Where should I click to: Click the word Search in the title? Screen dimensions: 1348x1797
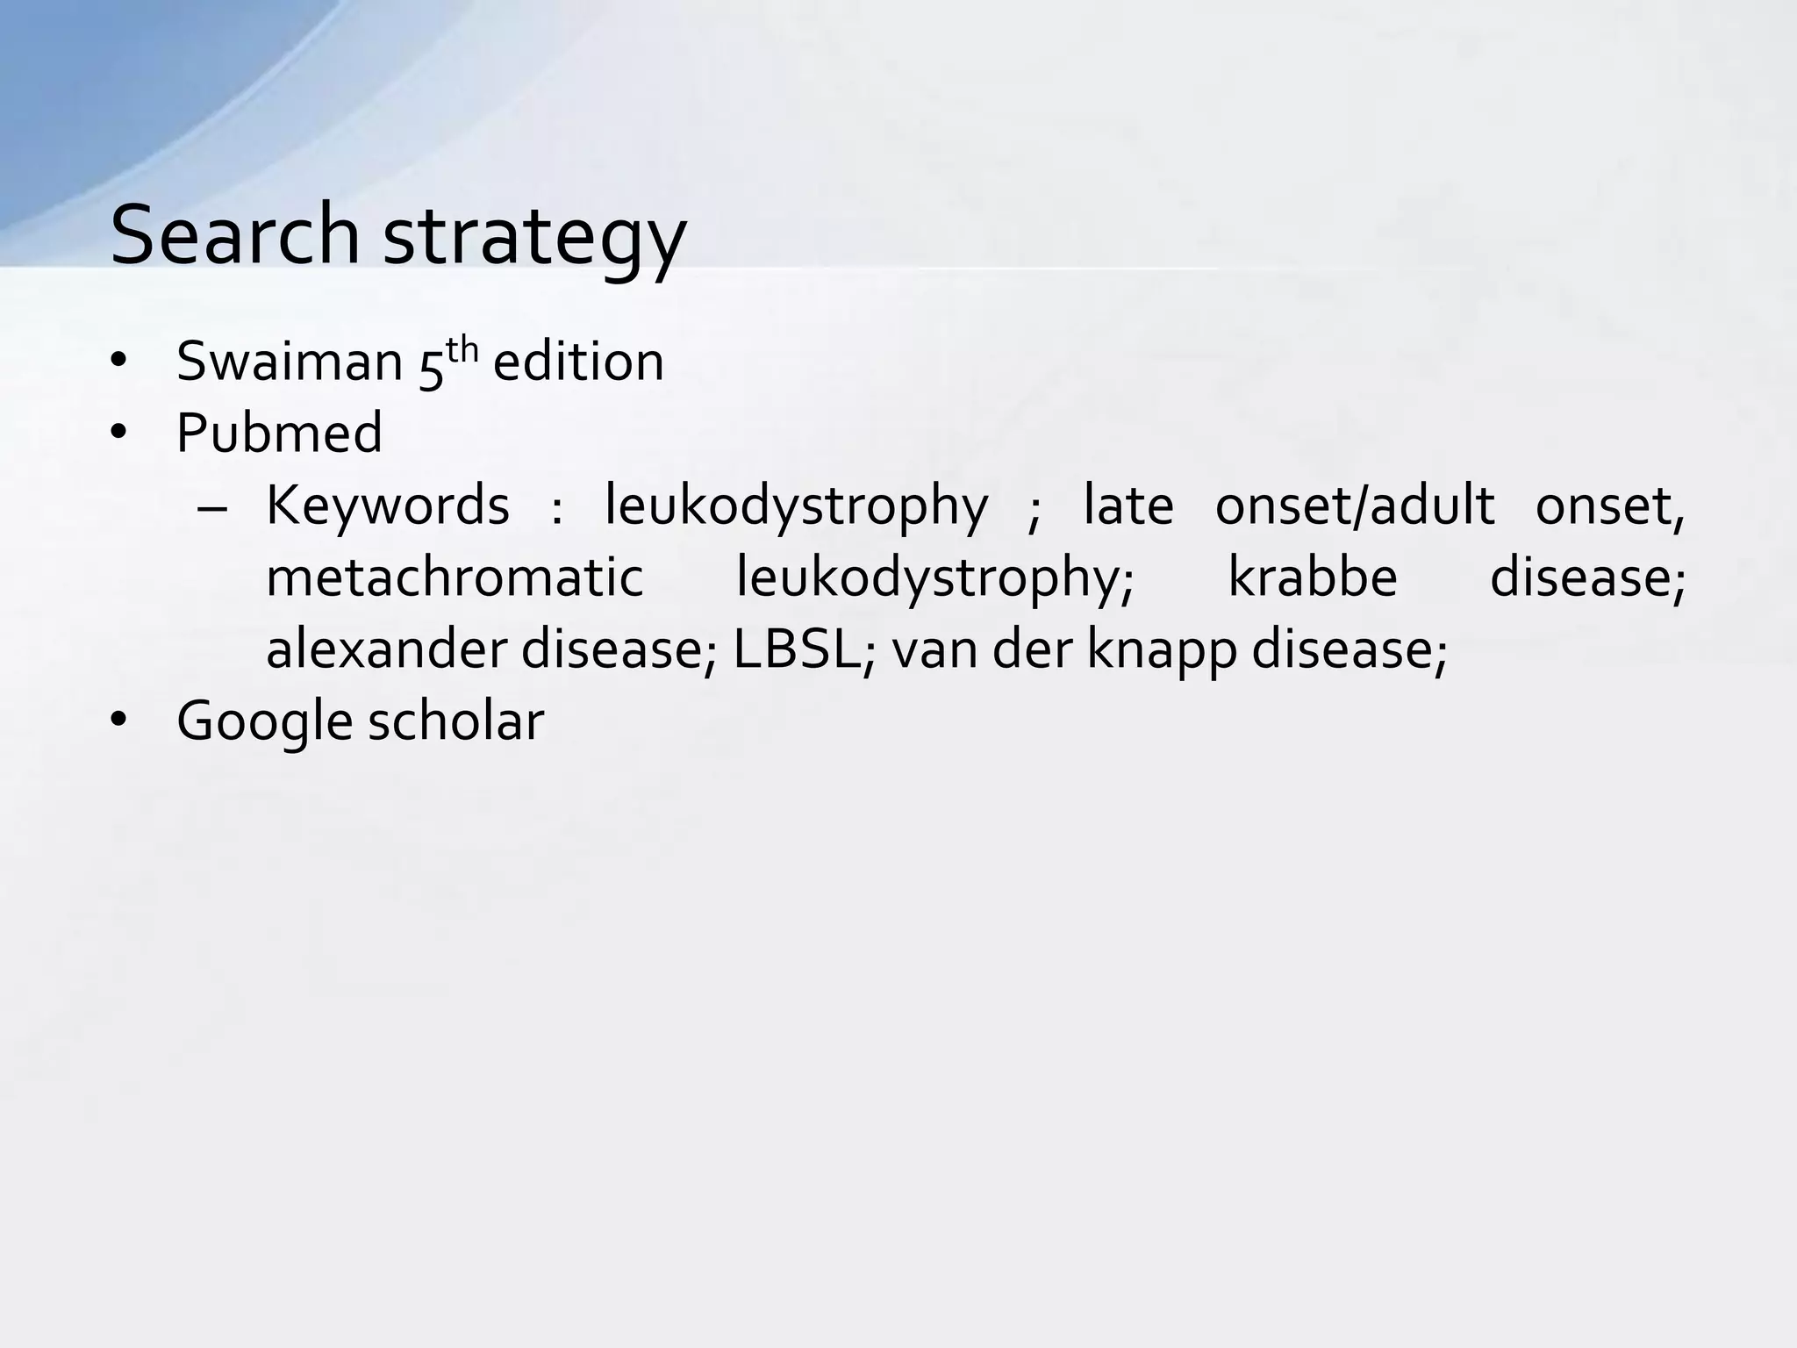click(234, 234)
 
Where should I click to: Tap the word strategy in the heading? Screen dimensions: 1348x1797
click(534, 237)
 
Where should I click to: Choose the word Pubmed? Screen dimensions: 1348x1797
click(279, 434)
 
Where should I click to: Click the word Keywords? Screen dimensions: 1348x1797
click(387, 506)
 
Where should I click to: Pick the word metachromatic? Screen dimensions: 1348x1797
click(455, 578)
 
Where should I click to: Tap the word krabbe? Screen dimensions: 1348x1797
click(1312, 578)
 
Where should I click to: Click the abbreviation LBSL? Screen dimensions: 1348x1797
click(794, 650)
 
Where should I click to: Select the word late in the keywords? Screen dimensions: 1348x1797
click(1128, 506)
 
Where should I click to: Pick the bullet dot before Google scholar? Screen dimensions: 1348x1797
click(120, 721)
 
